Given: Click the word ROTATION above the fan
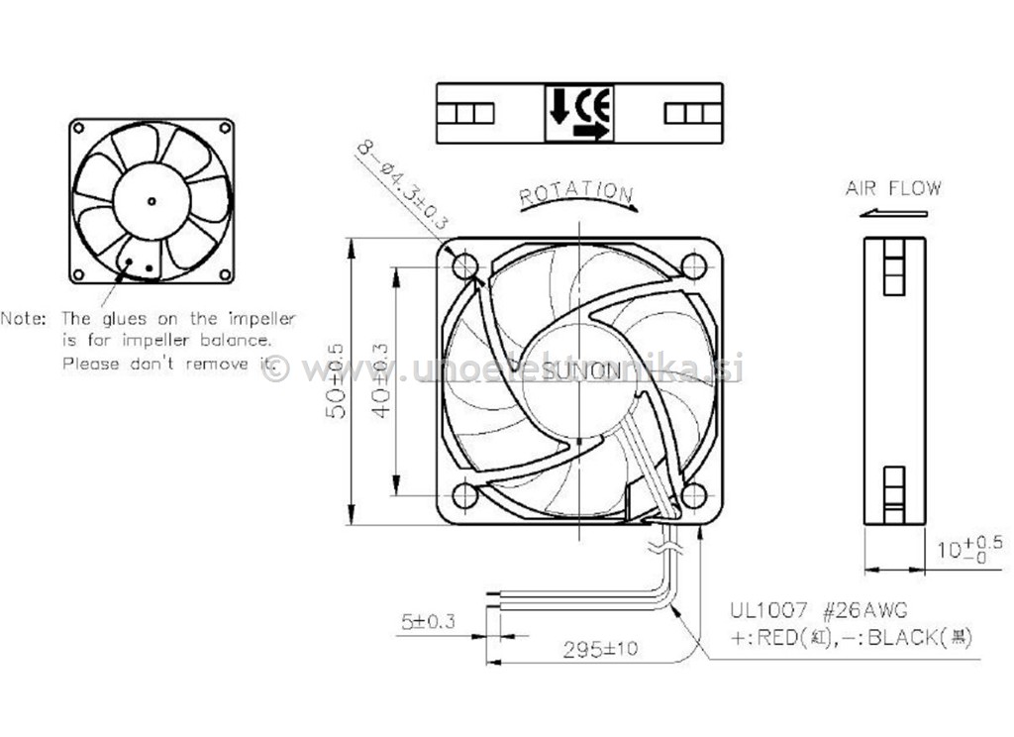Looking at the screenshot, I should coord(576,192).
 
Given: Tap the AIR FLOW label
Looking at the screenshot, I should coord(893,188).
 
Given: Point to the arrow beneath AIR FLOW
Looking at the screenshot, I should coord(893,212).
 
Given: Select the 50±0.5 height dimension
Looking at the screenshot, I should coord(336,380).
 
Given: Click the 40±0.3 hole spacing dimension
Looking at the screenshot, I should coord(380,380).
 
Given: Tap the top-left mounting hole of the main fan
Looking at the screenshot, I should coord(465,265).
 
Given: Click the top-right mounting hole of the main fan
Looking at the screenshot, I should coord(694,265).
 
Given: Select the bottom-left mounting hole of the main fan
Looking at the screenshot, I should coord(465,495).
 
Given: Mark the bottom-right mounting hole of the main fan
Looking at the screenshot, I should coord(694,495).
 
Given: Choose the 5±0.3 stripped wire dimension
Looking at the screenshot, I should coord(427,623).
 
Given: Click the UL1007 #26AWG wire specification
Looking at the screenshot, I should coord(818,608).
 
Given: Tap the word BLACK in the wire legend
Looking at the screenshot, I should coord(902,638).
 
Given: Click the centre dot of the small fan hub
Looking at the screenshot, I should coord(151,201).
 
